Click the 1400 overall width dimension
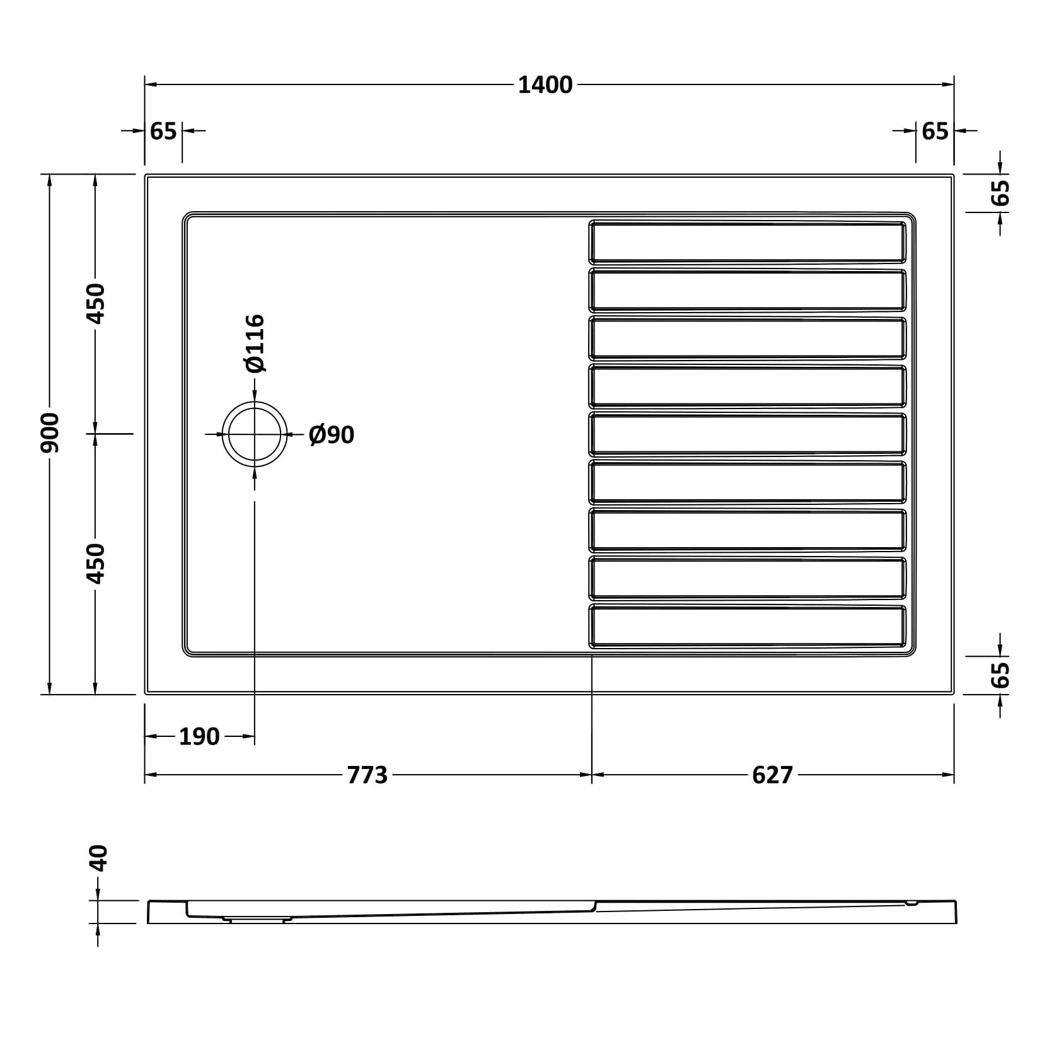coord(545,84)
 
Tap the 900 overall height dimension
coord(50,433)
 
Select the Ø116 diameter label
coord(255,344)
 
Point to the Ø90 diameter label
coord(332,434)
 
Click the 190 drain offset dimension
coord(199,736)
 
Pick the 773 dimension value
coord(368,775)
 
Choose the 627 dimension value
coord(772,775)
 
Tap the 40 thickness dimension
coord(99,858)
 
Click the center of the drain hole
coord(255,434)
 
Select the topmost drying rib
coord(748,241)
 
